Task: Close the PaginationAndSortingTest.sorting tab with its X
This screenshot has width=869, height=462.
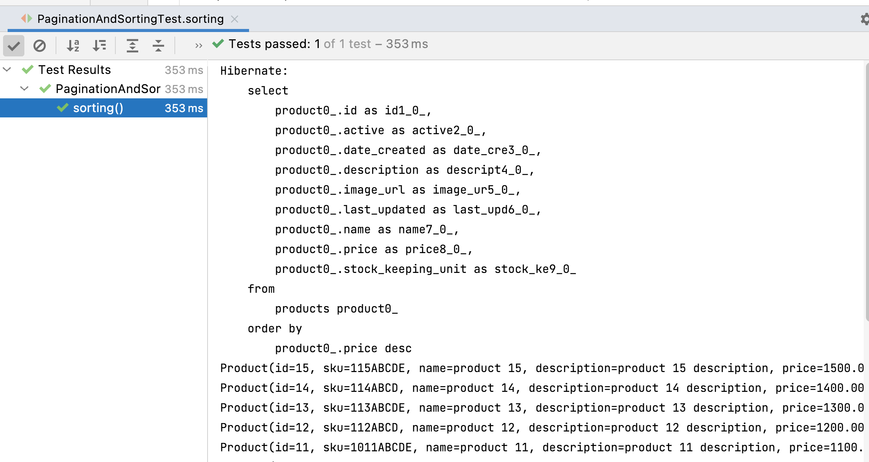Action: point(235,19)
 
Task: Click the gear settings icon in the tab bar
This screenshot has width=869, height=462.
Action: point(865,19)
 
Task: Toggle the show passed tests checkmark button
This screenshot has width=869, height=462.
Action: point(14,46)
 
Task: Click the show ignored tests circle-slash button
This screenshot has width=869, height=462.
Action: point(40,46)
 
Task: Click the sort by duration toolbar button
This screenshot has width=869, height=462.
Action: point(100,46)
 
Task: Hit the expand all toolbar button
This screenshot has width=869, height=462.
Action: point(133,46)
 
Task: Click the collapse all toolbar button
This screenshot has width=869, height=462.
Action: point(158,46)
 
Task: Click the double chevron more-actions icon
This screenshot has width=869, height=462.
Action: point(199,46)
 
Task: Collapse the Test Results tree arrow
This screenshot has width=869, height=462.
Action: point(7,69)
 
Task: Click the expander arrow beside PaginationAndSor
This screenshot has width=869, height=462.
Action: point(24,88)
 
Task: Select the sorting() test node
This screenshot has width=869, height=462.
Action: point(98,108)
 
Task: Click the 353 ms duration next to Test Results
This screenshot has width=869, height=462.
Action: point(184,70)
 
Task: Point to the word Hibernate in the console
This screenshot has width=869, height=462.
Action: point(251,71)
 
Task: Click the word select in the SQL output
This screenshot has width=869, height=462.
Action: point(268,91)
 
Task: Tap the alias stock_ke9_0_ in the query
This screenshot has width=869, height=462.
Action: point(535,269)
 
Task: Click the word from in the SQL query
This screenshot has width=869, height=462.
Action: point(261,289)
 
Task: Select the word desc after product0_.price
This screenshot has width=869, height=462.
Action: point(398,348)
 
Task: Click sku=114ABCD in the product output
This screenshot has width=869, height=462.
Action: point(361,388)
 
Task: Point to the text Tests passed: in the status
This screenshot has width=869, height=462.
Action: point(270,44)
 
